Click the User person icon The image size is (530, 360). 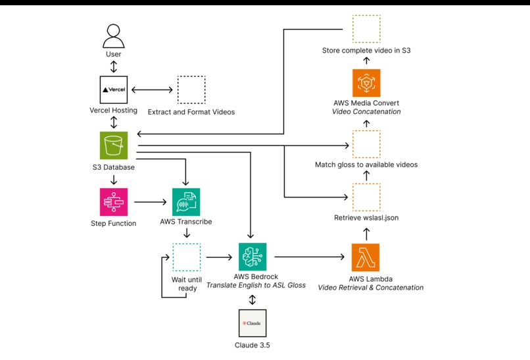tap(114, 34)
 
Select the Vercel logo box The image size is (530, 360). tap(114, 90)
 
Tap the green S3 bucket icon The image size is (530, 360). tap(114, 145)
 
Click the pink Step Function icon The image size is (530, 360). tap(114, 201)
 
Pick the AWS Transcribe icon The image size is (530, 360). tap(186, 202)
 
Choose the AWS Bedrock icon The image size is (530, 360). tap(252, 257)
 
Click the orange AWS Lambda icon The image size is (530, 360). tap(366, 257)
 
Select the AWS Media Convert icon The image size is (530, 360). tap(366, 83)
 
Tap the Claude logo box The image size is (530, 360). tap(252, 323)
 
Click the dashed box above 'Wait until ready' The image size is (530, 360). tap(186, 257)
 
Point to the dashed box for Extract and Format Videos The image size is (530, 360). tap(191, 90)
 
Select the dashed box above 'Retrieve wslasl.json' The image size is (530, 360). tap(366, 197)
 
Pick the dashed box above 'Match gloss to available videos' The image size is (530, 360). tap(366, 144)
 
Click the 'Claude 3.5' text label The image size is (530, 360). tap(252, 346)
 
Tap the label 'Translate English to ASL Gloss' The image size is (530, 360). tap(256, 286)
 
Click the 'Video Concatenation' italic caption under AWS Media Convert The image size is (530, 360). tap(366, 112)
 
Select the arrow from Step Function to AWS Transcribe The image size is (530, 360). tap(149, 201)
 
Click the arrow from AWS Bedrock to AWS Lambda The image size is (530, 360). tap(309, 257)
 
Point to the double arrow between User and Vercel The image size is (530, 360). tap(114, 66)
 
